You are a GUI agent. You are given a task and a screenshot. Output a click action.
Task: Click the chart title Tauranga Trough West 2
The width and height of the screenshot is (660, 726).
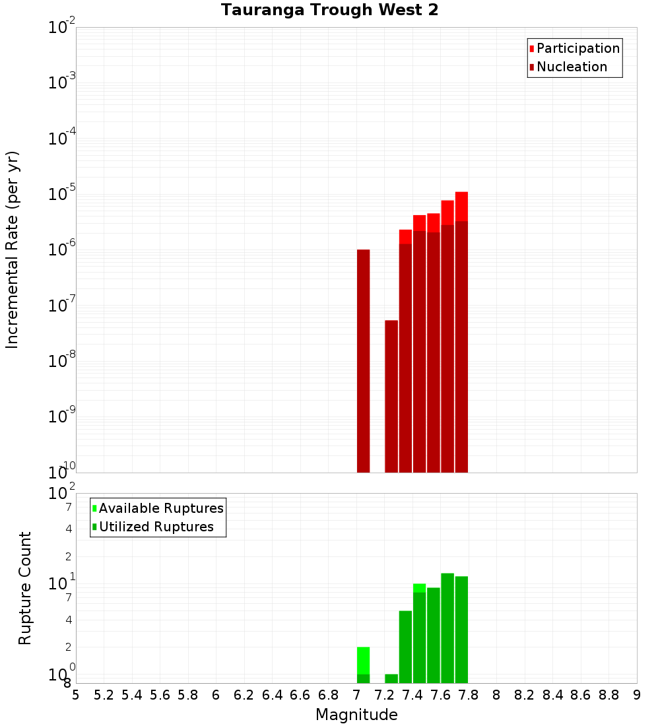pyautogui.click(x=329, y=11)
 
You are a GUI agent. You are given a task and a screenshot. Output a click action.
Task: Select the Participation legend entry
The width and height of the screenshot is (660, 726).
pyautogui.click(x=577, y=48)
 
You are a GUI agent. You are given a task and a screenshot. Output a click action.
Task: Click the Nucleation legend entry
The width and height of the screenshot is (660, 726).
pyautogui.click(x=572, y=67)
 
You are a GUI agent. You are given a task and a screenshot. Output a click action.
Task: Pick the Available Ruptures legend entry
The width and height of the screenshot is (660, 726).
pyautogui.click(x=160, y=508)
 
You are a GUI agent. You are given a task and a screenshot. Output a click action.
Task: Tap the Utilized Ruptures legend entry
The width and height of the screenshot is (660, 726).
pyautogui.click(x=156, y=527)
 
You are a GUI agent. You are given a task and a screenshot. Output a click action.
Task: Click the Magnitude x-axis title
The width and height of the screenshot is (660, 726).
pyautogui.click(x=356, y=715)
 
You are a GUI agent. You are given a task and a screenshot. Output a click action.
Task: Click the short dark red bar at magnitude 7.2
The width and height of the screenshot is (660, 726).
pyautogui.click(x=391, y=396)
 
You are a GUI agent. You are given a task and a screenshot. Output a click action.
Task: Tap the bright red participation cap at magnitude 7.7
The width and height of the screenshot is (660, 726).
pyautogui.click(x=461, y=207)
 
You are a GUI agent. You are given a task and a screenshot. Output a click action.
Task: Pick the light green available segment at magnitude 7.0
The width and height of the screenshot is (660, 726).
pyautogui.click(x=363, y=660)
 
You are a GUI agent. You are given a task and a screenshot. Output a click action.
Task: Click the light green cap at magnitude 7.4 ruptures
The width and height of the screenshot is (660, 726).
pyautogui.click(x=419, y=588)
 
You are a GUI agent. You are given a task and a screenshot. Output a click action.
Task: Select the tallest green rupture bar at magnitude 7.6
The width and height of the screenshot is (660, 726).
pyautogui.click(x=447, y=627)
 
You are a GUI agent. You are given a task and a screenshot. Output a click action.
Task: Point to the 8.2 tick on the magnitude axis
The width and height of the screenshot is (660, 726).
pyautogui.click(x=525, y=695)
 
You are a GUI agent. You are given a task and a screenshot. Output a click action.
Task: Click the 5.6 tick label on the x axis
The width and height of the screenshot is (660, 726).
pyautogui.click(x=160, y=695)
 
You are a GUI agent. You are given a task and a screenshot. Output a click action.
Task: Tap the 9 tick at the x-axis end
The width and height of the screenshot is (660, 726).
pyautogui.click(x=637, y=695)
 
